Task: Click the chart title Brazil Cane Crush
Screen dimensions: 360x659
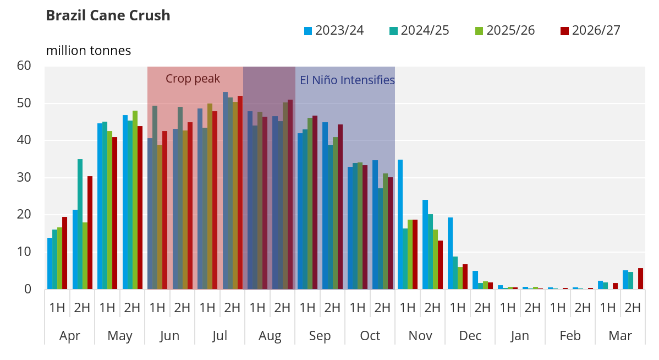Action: click(108, 15)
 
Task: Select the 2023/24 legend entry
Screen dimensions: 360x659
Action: click(334, 31)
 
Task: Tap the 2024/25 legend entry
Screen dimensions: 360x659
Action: click(420, 31)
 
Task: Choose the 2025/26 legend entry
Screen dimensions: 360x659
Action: click(505, 31)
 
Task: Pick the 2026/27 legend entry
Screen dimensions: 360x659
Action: click(590, 31)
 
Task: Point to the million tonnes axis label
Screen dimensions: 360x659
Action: click(89, 51)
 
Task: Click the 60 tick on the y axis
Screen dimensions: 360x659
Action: click(24, 66)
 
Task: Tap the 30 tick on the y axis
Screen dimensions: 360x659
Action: click(24, 178)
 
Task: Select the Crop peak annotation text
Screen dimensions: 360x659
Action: click(193, 79)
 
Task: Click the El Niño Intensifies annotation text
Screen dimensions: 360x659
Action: click(347, 80)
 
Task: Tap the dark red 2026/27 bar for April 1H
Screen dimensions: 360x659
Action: click(64, 253)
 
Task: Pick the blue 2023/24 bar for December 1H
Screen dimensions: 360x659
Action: click(450, 253)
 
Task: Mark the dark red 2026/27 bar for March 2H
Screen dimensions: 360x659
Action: click(640, 279)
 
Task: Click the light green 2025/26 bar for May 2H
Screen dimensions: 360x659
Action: click(135, 200)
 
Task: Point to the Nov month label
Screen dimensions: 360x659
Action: click(420, 336)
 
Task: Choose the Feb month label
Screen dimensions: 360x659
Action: click(570, 336)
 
